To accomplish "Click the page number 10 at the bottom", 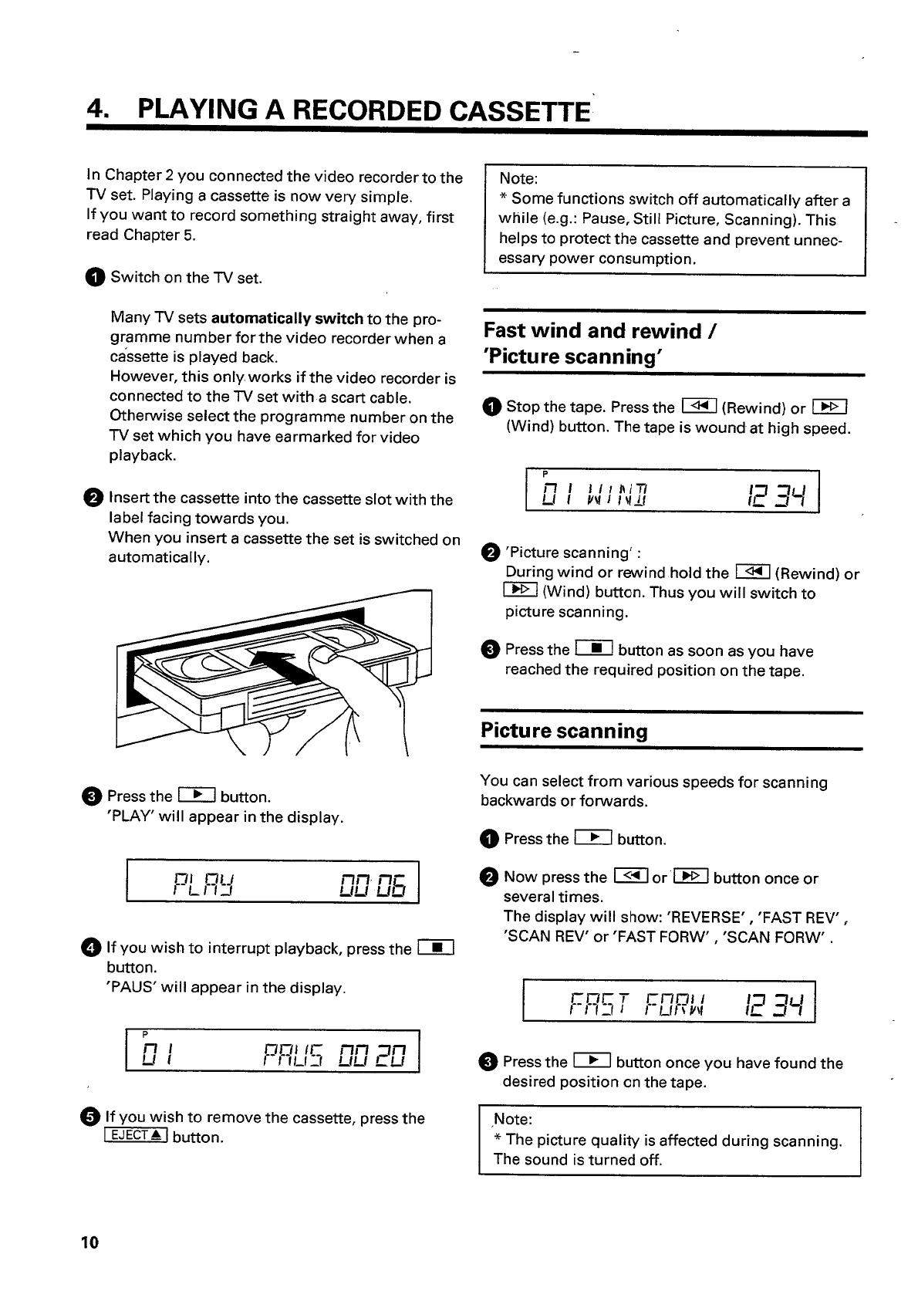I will (89, 1242).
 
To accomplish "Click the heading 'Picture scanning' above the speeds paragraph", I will (564, 731).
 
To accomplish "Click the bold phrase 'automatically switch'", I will (287, 319).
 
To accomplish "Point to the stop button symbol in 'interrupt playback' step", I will (436, 948).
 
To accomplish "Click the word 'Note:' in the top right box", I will (518, 179).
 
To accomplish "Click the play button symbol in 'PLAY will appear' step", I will (195, 796).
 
